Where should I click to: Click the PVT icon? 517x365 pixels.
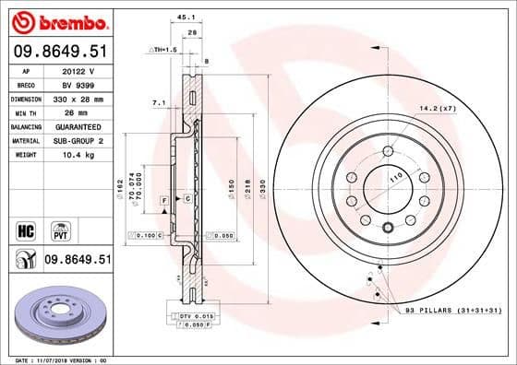tap(60, 228)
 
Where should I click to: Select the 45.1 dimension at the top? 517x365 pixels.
tap(185, 16)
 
